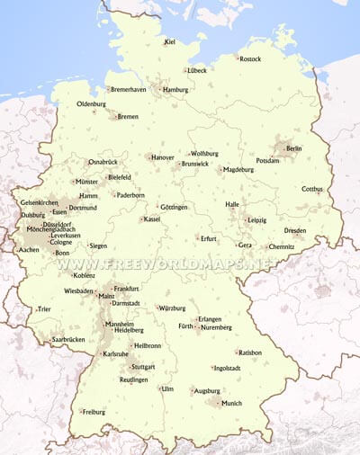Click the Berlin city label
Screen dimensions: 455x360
294,147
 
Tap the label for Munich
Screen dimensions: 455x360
231,404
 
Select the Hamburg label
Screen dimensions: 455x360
175,90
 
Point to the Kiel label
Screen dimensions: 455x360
170,41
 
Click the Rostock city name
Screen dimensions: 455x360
251,58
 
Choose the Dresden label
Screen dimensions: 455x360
295,230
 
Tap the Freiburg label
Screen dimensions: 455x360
94,412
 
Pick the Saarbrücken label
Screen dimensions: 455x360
67,339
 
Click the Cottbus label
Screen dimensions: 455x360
312,189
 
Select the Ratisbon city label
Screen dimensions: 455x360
249,352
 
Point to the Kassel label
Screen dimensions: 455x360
152,219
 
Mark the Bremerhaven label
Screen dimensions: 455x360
128,90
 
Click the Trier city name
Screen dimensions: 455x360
45,309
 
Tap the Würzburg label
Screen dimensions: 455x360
172,308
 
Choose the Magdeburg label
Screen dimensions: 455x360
238,169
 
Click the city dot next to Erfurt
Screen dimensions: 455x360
197,238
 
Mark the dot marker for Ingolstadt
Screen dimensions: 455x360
213,367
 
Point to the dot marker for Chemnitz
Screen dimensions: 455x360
265,246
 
